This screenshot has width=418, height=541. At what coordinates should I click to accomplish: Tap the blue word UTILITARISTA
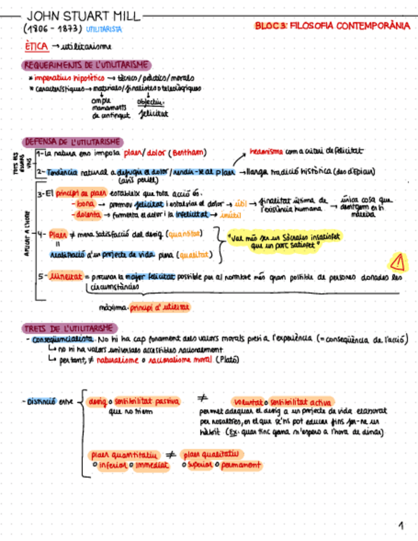103,29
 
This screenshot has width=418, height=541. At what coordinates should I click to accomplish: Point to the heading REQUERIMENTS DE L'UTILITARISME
87,64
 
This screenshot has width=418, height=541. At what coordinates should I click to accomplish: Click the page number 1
401,526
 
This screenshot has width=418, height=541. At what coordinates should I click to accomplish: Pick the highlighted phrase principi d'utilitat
159,307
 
